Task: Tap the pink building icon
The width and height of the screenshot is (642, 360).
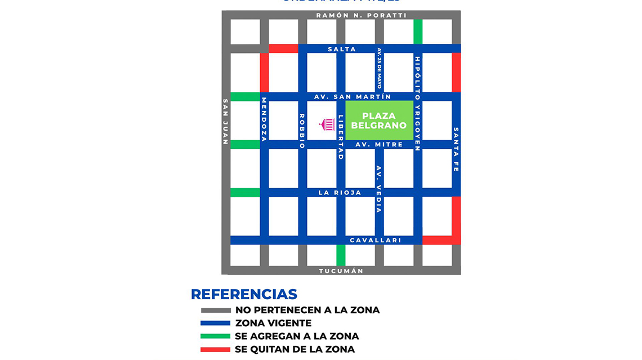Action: click(327, 124)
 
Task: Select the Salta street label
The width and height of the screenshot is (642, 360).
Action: click(342, 49)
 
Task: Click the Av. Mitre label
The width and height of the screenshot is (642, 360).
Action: click(379, 145)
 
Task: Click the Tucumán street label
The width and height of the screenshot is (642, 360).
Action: click(341, 271)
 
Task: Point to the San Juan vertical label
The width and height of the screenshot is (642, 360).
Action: click(226, 122)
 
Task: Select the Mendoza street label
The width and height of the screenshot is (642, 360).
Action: click(264, 119)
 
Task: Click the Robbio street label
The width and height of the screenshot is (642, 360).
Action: click(302, 131)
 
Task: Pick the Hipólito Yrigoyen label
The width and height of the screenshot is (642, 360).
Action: click(417, 104)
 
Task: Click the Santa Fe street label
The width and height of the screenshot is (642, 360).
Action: click(456, 149)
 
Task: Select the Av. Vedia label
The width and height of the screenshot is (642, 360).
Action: click(379, 189)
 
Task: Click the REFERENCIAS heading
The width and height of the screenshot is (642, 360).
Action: click(244, 294)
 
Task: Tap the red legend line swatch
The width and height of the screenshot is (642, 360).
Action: click(216, 349)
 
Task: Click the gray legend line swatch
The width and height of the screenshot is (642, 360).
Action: click(216, 310)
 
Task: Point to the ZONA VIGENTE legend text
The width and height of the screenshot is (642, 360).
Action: click(273, 323)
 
